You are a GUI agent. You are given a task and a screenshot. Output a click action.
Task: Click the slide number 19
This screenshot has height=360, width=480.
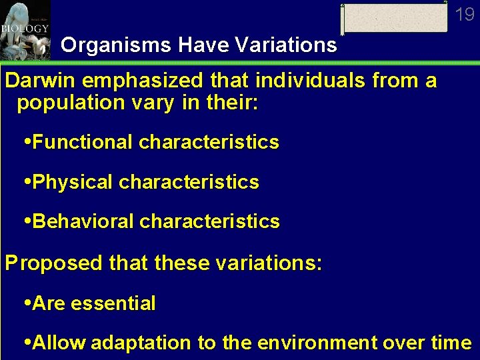465,13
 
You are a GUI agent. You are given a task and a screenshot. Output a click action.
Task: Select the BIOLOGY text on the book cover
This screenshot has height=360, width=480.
25,29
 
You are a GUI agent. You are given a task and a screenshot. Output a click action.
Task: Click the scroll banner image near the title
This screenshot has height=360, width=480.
394,18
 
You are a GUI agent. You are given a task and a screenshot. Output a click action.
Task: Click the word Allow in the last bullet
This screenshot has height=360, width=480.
59,343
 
